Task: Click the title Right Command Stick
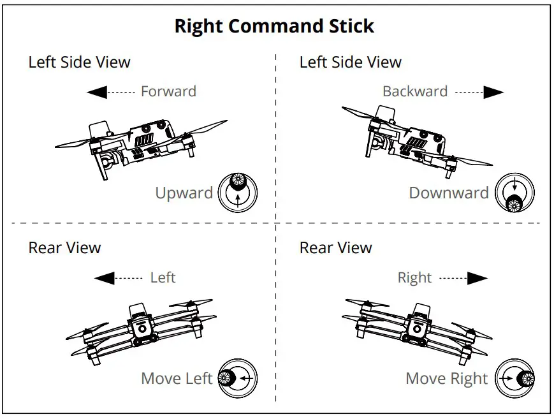click(274, 26)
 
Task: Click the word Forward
click(168, 91)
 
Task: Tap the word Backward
click(415, 91)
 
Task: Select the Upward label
click(184, 193)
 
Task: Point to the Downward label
click(449, 193)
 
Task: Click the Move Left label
click(177, 378)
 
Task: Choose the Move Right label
click(447, 379)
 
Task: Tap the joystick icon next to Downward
click(514, 193)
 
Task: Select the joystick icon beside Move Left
click(237, 378)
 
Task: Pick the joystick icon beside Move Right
click(515, 379)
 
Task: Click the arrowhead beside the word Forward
click(97, 92)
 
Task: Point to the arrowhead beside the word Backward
click(493, 92)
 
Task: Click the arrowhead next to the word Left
click(104, 278)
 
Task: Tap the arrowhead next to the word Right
click(477, 278)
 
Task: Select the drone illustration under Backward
click(416, 140)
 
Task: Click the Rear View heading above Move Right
click(335, 247)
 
